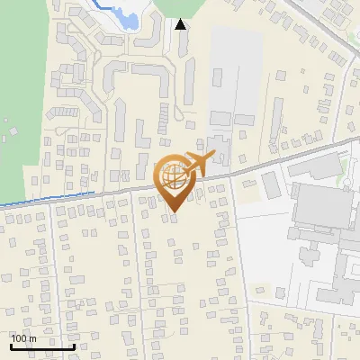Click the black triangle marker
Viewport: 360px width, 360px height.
click(181, 25)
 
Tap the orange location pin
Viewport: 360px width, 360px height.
click(175, 181)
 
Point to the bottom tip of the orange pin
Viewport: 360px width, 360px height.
click(175, 211)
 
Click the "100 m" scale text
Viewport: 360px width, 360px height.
click(23, 338)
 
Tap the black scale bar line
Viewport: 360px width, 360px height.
click(42, 346)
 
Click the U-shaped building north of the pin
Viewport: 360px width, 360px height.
click(135, 76)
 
